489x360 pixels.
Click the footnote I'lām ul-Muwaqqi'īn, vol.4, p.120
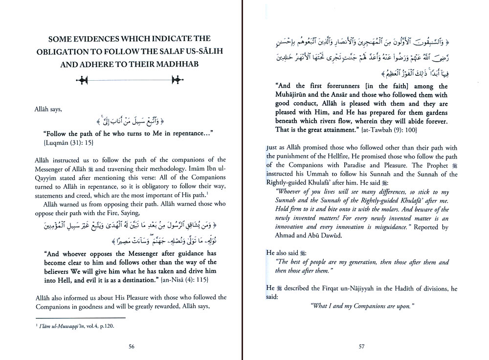click(x=79, y=325)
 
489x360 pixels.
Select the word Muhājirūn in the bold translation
click(x=300, y=94)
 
